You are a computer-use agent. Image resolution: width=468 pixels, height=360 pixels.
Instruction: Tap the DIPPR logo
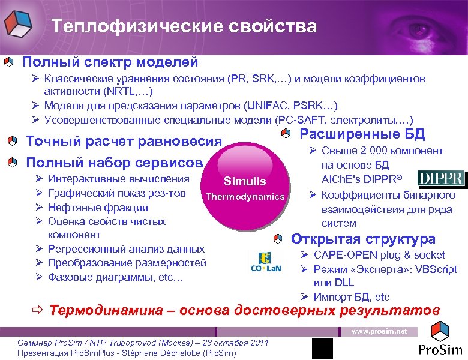coord(441,179)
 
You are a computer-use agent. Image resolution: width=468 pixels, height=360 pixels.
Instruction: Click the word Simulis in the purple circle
coord(244,182)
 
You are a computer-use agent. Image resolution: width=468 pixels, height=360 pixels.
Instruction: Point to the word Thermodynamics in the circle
coord(245,197)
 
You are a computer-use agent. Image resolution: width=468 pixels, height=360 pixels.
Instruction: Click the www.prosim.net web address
coord(379,331)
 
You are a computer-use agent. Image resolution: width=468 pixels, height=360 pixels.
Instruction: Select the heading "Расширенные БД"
coord(361,134)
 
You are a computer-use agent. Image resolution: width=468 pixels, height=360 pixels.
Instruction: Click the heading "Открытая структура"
coord(363,239)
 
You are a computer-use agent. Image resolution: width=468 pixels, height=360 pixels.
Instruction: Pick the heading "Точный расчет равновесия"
coord(124,142)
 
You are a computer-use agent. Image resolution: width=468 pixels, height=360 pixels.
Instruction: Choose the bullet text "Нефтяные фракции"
coord(98,208)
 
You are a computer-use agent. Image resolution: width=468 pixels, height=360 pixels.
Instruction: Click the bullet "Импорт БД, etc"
coord(352,296)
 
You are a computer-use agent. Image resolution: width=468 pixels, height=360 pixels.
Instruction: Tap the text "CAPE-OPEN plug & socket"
coord(380,255)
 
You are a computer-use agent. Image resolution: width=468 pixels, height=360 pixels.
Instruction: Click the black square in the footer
coord(322,349)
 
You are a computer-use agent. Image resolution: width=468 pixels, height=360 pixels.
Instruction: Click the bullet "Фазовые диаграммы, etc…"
coord(116,277)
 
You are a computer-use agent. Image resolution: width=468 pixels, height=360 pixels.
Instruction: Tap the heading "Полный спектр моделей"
coord(110,62)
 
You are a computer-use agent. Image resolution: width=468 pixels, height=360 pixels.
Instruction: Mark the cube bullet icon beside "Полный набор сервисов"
coord(13,162)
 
